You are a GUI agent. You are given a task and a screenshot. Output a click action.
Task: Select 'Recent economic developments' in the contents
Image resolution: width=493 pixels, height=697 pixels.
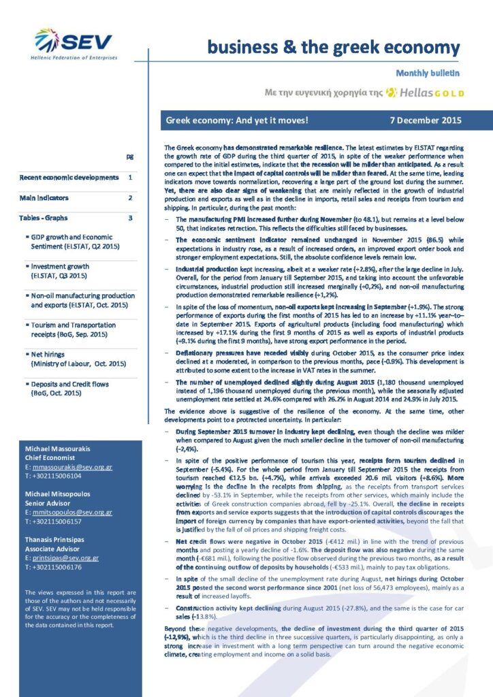click(x=69, y=178)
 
